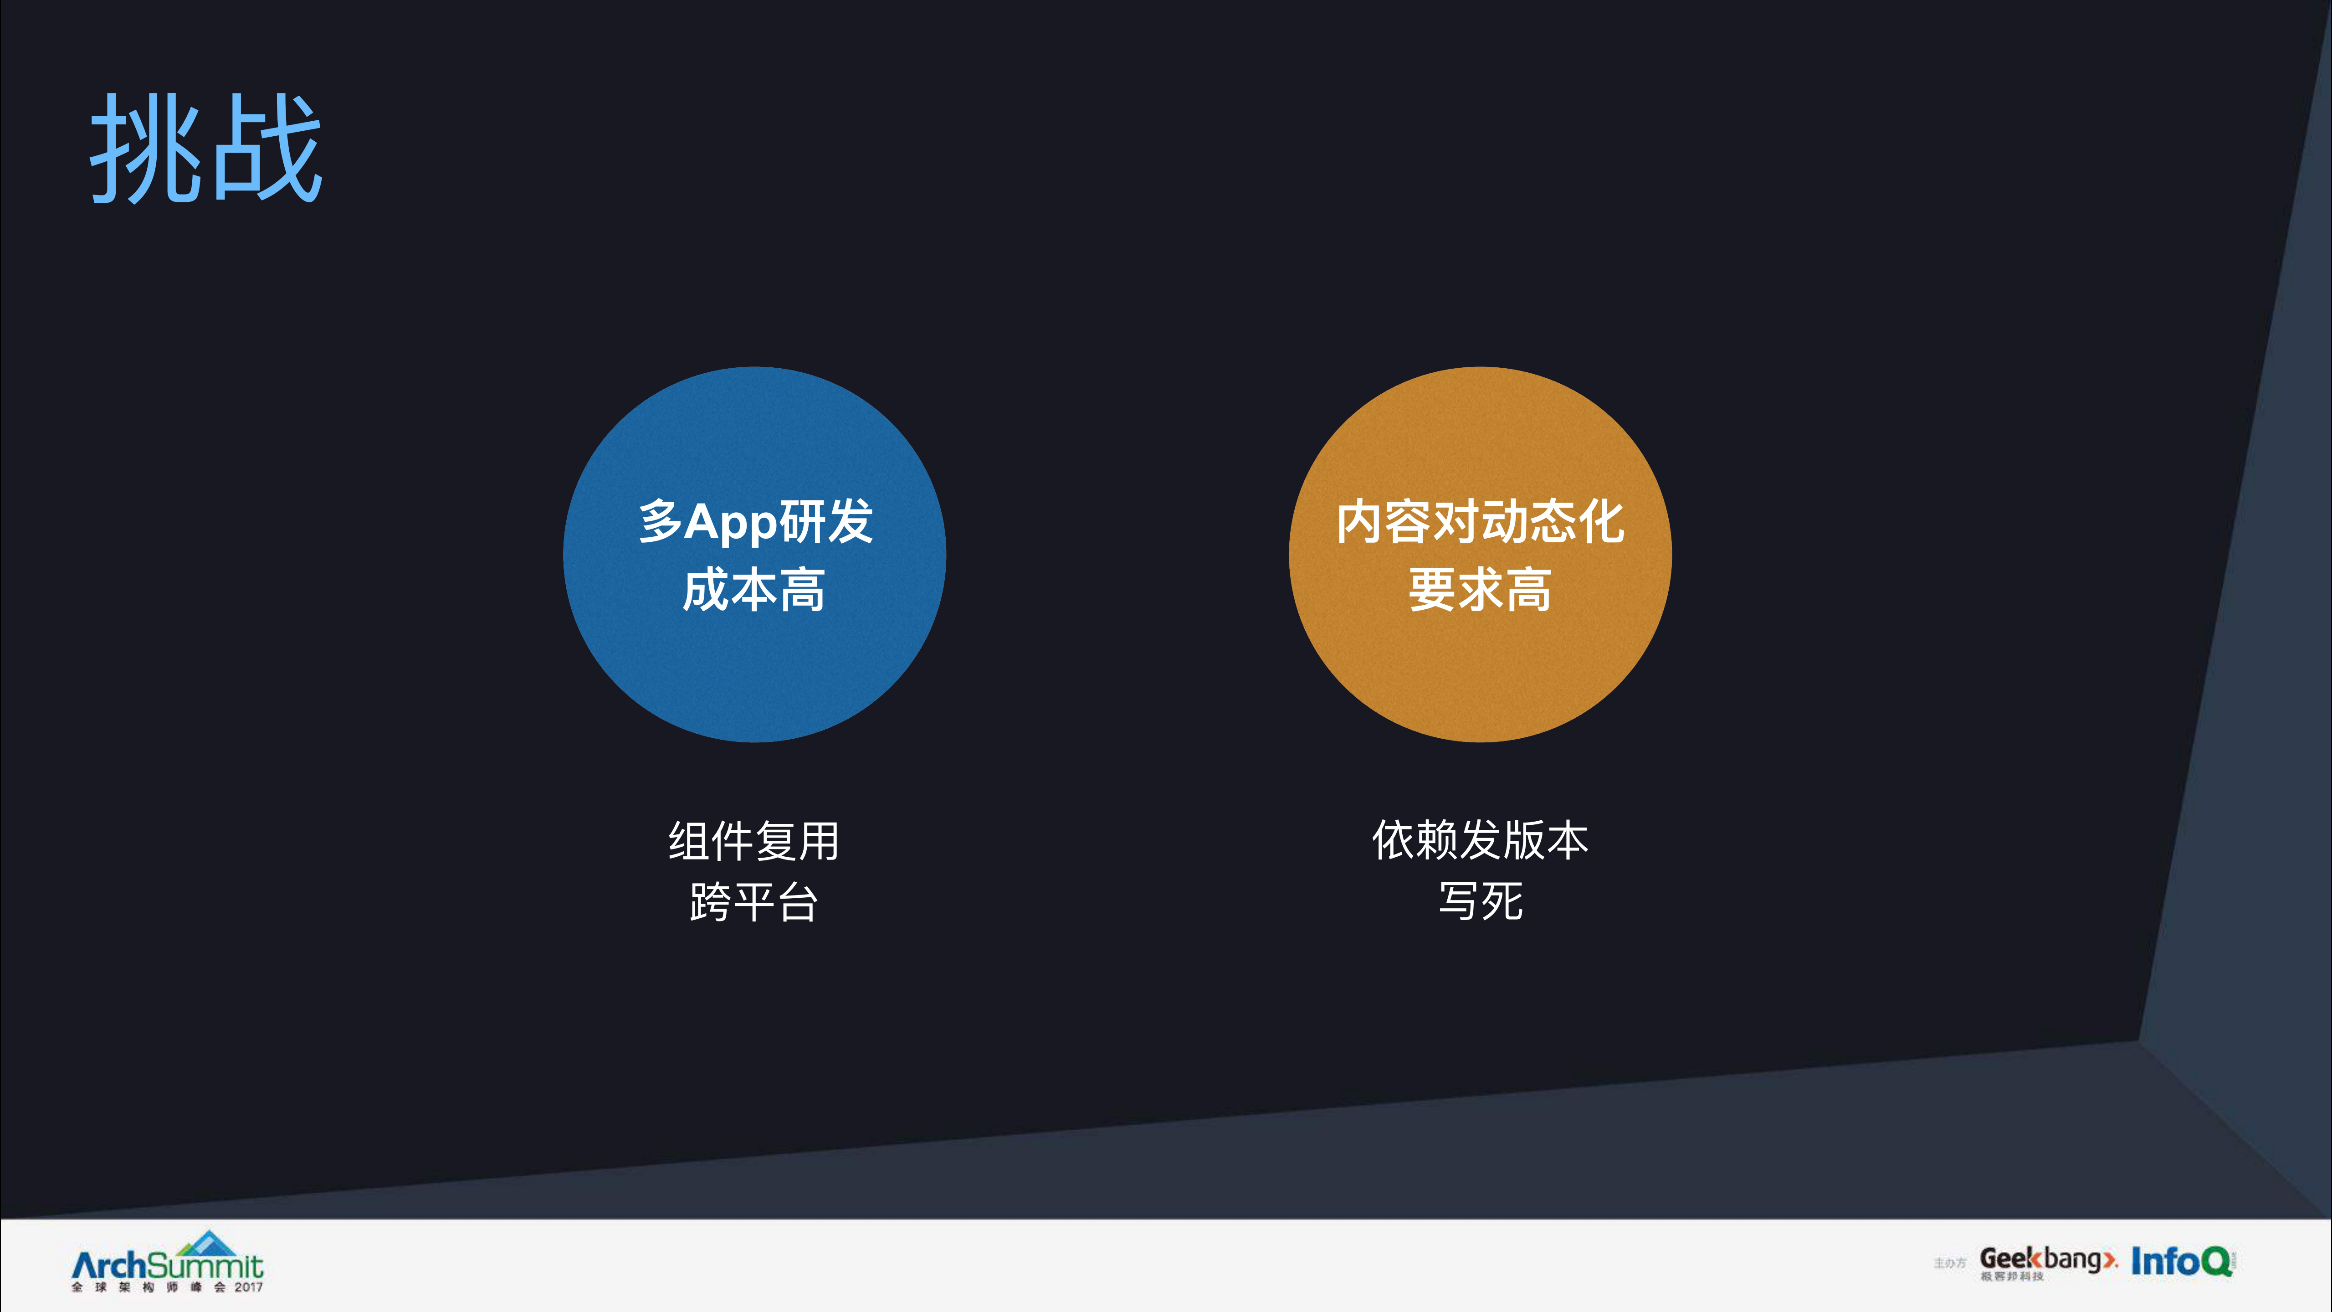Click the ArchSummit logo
168,1265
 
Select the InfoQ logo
2182,1261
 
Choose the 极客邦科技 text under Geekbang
2012,1277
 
